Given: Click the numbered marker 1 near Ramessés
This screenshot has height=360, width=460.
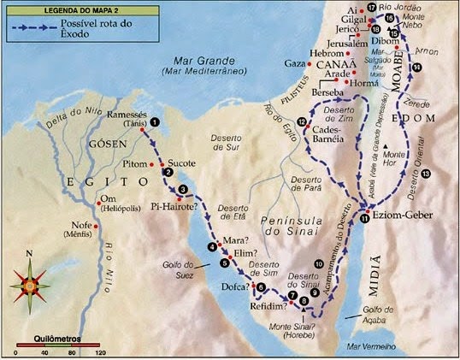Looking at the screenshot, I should pos(155,122).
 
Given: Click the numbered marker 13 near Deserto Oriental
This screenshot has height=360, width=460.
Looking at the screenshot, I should pos(425,174).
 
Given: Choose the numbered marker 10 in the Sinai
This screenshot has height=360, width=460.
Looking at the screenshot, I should pos(319,263).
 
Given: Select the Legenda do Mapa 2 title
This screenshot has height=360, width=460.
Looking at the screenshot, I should pos(52,8).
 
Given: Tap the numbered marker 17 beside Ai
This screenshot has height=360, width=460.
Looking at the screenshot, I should pos(372,8).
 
